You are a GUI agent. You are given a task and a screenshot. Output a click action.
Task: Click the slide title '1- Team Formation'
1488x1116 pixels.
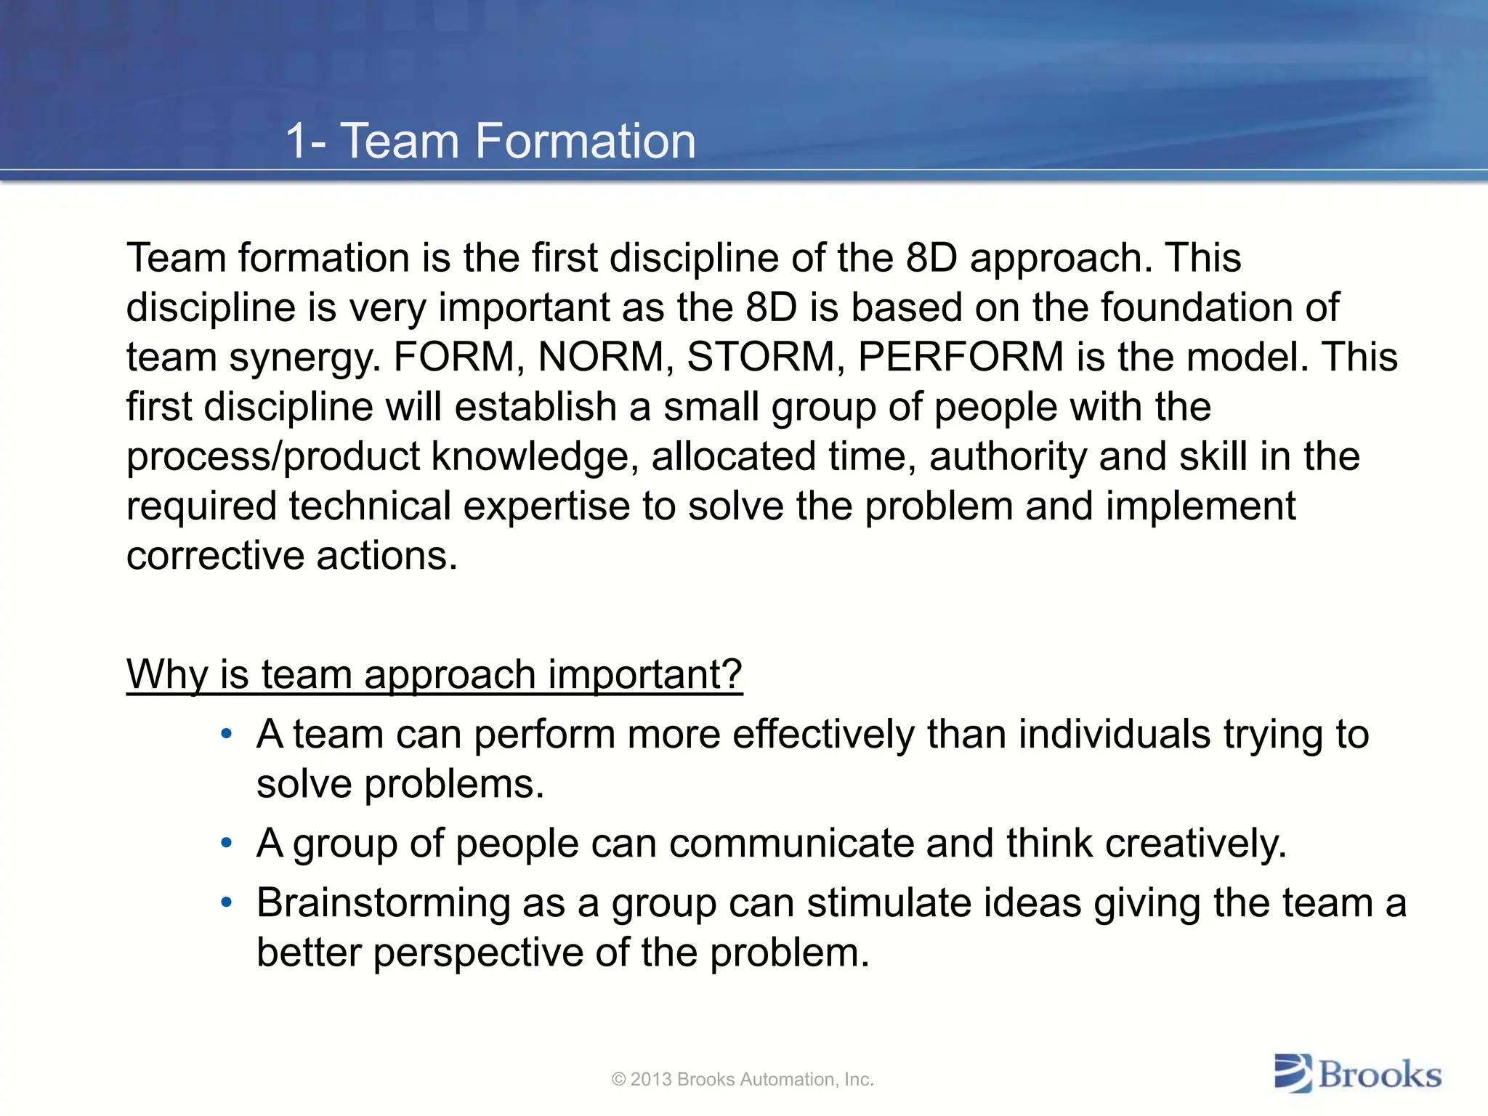point(490,140)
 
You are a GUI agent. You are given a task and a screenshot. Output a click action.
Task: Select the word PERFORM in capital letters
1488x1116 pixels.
point(961,357)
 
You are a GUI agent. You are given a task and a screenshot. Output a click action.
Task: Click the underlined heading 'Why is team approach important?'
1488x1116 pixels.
point(434,675)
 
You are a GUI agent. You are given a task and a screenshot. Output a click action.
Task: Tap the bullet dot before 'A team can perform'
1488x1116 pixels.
point(227,734)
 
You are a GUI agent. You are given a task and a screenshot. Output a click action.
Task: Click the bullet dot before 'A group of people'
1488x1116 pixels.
point(227,844)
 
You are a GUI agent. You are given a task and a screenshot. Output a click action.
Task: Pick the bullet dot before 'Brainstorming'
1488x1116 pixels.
point(227,903)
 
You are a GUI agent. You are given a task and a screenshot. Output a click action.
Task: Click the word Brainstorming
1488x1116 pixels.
point(383,905)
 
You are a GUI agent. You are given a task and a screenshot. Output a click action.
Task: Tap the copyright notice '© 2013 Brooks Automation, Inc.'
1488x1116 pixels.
point(743,1080)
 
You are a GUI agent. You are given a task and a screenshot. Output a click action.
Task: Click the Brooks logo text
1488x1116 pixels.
point(1379,1075)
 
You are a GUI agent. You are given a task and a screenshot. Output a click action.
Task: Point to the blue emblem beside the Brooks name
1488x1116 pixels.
point(1293,1073)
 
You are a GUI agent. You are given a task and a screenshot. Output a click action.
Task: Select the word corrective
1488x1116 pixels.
point(214,557)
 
